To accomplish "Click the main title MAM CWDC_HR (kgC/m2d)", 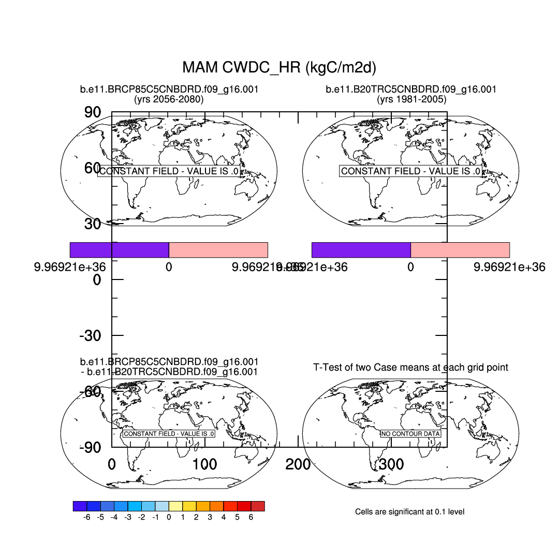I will click(x=279, y=67).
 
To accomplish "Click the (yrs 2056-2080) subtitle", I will click(x=169, y=99).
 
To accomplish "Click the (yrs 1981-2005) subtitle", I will click(x=411, y=99).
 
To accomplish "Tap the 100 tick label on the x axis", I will click(x=204, y=465).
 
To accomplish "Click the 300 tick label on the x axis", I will click(x=391, y=465).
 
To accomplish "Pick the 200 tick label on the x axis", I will click(x=298, y=465).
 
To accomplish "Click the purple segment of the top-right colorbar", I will click(x=361, y=249).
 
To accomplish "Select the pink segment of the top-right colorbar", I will click(x=460, y=249).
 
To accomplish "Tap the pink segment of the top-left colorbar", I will click(x=218, y=249).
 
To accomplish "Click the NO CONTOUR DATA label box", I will click(x=410, y=434).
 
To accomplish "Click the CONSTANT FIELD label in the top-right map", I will click(x=411, y=171).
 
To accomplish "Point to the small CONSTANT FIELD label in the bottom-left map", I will click(x=169, y=434).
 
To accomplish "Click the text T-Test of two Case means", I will click(x=411, y=367).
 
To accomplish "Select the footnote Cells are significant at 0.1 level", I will click(x=409, y=512).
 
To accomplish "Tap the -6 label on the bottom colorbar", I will click(x=87, y=517).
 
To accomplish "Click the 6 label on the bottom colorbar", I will click(x=251, y=517).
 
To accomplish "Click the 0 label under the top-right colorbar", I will click(x=410, y=268).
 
